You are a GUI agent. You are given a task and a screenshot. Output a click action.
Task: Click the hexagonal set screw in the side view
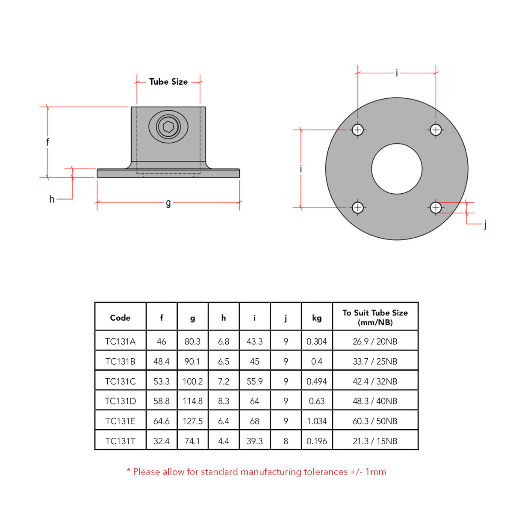(168, 127)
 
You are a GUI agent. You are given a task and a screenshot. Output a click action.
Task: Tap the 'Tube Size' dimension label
(168, 82)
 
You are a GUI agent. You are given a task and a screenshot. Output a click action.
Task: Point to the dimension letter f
(47, 142)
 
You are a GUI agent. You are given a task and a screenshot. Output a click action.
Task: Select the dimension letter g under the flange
(168, 203)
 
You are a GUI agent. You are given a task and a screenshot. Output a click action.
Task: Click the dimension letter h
(52, 199)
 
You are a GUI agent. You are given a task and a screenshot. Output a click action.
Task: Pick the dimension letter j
(485, 224)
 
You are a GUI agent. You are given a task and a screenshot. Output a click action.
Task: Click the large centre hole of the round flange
(397, 169)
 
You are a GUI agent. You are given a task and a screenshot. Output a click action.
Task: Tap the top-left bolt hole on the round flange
(358, 130)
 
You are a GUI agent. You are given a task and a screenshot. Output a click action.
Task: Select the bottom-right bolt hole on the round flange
(436, 208)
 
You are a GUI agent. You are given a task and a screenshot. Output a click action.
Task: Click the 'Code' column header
(120, 318)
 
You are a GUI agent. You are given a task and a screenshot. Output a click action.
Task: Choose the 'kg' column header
(317, 318)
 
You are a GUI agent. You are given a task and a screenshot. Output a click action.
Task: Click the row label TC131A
(120, 342)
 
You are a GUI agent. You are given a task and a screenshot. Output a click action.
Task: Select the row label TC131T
(120, 441)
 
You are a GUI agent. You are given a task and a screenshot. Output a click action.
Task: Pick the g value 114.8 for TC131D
(192, 401)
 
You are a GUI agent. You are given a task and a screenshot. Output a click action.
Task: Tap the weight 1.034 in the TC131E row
(317, 421)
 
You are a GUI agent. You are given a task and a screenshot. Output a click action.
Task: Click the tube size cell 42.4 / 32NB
(375, 381)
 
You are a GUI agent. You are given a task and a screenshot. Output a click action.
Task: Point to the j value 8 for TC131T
(286, 441)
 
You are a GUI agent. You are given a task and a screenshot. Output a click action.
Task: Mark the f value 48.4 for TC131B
(162, 362)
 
